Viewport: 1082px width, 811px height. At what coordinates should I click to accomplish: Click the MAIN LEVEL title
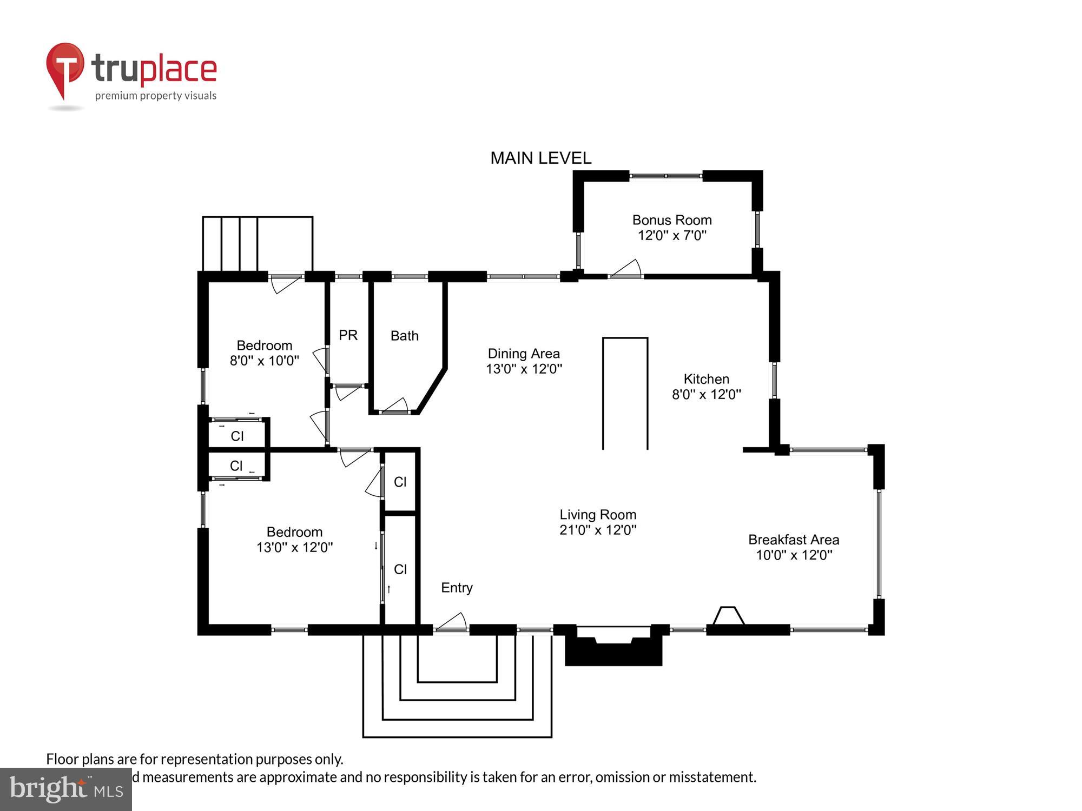[540, 158]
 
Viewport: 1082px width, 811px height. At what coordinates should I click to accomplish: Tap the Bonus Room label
[671, 220]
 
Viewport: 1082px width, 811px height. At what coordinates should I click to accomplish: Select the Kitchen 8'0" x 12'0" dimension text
[706, 394]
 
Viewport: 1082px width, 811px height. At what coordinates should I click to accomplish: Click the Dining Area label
[523, 354]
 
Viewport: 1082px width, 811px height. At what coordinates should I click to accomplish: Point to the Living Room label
[597, 515]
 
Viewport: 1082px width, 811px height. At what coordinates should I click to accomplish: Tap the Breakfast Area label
[793, 540]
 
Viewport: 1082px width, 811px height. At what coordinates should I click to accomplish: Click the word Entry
[457, 588]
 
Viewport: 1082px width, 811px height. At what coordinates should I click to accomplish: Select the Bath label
[404, 336]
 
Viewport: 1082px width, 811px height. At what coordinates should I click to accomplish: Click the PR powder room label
[348, 335]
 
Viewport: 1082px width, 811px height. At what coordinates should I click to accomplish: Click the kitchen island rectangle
[625, 393]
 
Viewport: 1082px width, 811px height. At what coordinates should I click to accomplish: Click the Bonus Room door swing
[628, 269]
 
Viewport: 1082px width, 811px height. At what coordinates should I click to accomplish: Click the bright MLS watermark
[65, 789]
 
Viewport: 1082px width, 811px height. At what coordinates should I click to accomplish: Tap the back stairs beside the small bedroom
[257, 243]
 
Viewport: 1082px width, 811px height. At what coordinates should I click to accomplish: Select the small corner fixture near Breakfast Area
[728, 616]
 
